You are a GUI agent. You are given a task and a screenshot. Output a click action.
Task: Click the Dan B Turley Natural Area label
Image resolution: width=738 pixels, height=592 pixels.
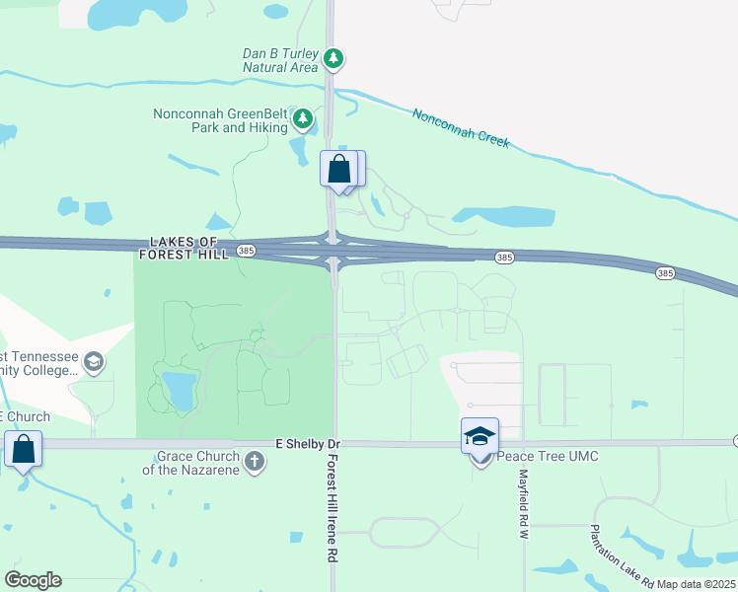click(x=281, y=60)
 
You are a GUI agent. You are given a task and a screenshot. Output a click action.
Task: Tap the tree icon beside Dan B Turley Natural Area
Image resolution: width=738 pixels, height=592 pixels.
click(x=334, y=60)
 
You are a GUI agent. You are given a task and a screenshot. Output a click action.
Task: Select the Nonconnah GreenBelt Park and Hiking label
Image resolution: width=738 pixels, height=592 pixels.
click(x=220, y=120)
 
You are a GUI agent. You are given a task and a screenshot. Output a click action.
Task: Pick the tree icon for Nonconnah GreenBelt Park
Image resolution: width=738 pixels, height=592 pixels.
click(x=303, y=120)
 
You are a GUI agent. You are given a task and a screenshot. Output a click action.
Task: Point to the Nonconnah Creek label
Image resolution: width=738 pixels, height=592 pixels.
click(x=461, y=127)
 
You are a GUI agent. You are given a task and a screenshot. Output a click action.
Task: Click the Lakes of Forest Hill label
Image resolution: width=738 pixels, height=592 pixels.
click(x=188, y=248)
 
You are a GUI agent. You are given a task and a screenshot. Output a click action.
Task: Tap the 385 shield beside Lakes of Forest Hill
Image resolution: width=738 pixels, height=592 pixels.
click(x=246, y=252)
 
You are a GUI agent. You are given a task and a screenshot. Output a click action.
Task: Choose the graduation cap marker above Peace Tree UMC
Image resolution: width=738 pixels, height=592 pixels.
click(x=480, y=435)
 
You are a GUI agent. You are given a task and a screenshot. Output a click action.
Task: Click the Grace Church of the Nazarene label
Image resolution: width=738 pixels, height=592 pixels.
click(x=197, y=463)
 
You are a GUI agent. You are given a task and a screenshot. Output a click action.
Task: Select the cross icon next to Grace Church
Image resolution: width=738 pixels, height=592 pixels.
click(x=255, y=462)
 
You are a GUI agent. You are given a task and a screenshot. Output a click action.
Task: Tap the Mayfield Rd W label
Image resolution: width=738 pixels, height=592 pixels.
click(x=524, y=502)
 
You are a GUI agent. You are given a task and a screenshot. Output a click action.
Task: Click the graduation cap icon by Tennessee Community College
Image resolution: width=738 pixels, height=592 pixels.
click(x=93, y=362)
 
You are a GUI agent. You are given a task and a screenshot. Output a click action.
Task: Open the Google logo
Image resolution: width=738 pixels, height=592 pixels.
click(x=33, y=580)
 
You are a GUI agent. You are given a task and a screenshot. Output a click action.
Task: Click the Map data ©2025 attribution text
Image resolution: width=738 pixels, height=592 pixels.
click(x=695, y=584)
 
